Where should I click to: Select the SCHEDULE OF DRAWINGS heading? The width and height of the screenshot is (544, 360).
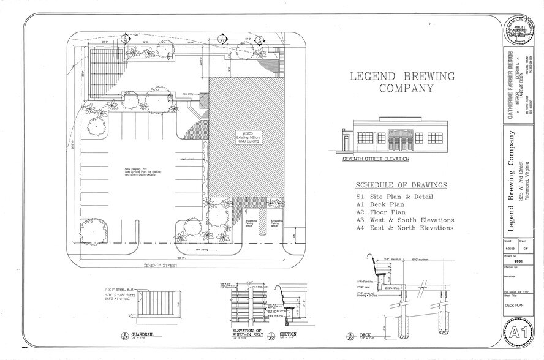pyautogui.click(x=401, y=185)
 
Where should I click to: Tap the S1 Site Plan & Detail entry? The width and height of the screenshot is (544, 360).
pyautogui.click(x=395, y=197)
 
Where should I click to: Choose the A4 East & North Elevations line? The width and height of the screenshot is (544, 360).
pyautogui.click(x=405, y=228)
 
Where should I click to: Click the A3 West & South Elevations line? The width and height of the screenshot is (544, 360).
pyautogui.click(x=405, y=220)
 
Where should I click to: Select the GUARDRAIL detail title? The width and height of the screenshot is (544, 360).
pyautogui.click(x=145, y=336)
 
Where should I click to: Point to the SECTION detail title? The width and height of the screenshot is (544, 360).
pyautogui.click(x=289, y=334)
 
